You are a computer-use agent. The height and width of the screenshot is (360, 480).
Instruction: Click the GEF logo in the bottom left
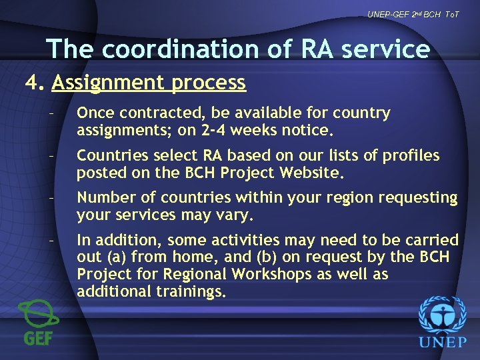click(x=38, y=323)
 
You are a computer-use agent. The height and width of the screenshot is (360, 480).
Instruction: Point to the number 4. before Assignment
click(x=34, y=83)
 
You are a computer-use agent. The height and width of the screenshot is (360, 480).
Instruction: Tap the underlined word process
click(x=216, y=83)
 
